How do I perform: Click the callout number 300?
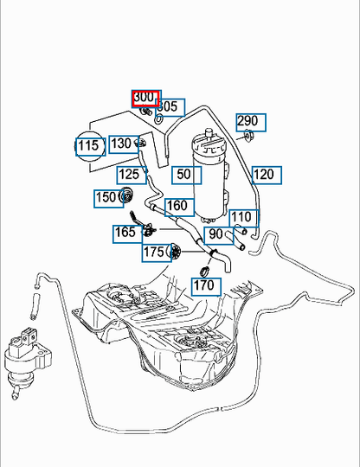(146, 99)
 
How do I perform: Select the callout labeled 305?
(170, 107)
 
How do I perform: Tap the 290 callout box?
(251, 122)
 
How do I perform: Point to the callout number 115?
(91, 146)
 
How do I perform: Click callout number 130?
(124, 144)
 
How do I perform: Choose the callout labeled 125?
(132, 175)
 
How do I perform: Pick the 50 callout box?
(187, 175)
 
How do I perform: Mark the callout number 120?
(267, 175)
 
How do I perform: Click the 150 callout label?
(109, 198)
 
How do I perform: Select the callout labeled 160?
(180, 208)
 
